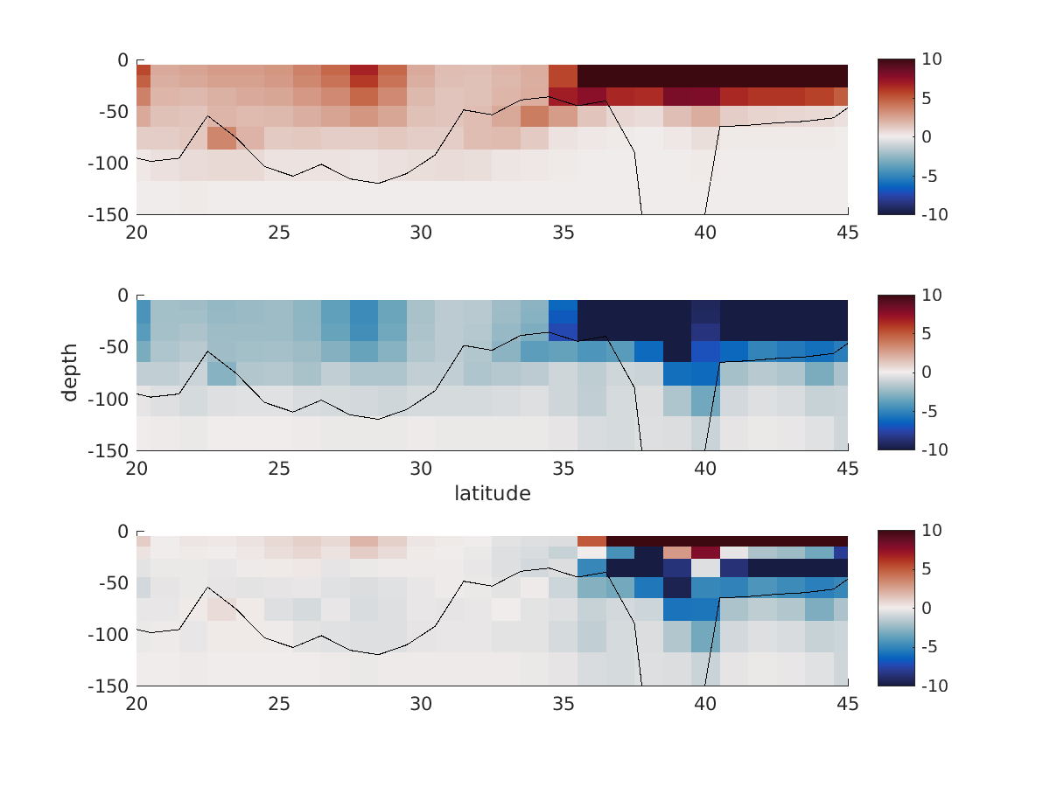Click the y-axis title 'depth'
click(70, 373)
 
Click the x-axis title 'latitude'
click(492, 494)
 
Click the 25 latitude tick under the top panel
click(279, 233)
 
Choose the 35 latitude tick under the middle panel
click(563, 469)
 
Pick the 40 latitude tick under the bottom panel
click(705, 705)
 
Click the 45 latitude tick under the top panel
click(848, 233)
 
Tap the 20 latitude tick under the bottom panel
click(136, 705)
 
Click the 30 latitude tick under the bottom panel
click(421, 705)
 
